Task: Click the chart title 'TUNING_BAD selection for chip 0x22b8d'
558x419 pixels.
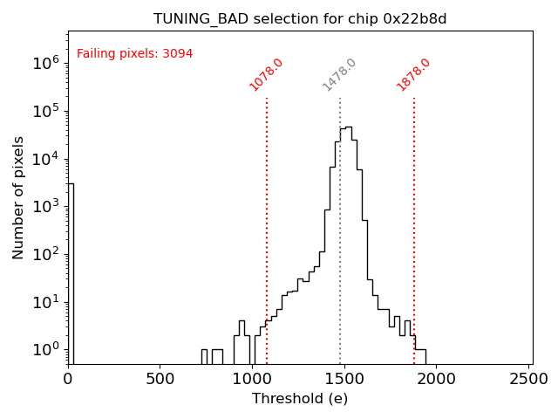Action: point(300,18)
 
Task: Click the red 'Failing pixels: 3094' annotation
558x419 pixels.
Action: point(135,54)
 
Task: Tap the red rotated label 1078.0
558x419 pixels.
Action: point(267,75)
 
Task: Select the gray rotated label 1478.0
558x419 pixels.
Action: point(340,75)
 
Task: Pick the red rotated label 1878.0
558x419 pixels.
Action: point(414,75)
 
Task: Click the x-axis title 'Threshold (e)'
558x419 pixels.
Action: point(300,399)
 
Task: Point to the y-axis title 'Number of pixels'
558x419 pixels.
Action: point(18,197)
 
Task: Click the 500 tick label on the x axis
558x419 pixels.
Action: point(160,379)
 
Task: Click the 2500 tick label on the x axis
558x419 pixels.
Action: point(528,379)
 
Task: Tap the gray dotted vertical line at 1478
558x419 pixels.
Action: point(340,262)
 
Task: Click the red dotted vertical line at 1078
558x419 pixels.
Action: point(267,218)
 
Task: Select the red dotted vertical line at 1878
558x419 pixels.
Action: point(414,218)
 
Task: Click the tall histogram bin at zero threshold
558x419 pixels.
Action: point(71,271)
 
